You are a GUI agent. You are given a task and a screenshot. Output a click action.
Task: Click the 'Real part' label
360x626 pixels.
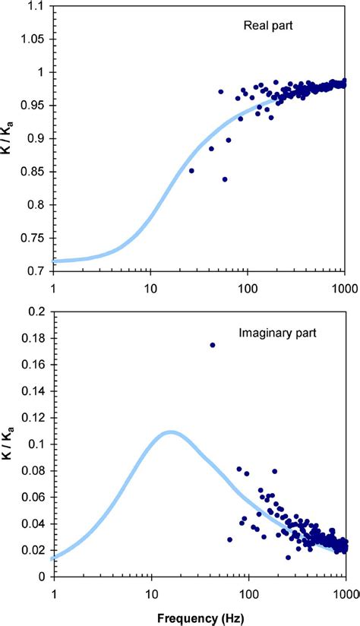(268, 26)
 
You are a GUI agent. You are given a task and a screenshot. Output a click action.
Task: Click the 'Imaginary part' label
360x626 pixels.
(277, 333)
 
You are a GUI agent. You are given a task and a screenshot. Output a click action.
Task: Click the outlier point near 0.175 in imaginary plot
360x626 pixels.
(213, 345)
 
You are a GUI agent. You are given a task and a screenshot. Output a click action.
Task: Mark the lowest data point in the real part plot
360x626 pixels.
(225, 179)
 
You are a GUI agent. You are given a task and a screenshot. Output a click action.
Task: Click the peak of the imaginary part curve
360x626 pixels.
(171, 432)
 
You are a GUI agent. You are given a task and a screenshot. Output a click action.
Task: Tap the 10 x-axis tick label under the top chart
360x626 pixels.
(150, 289)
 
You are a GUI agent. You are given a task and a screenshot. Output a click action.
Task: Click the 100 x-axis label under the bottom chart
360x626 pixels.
(248, 593)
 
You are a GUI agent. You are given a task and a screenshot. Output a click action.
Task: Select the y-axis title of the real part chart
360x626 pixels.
(9, 139)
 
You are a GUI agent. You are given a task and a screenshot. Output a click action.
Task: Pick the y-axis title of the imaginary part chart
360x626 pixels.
(9, 444)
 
